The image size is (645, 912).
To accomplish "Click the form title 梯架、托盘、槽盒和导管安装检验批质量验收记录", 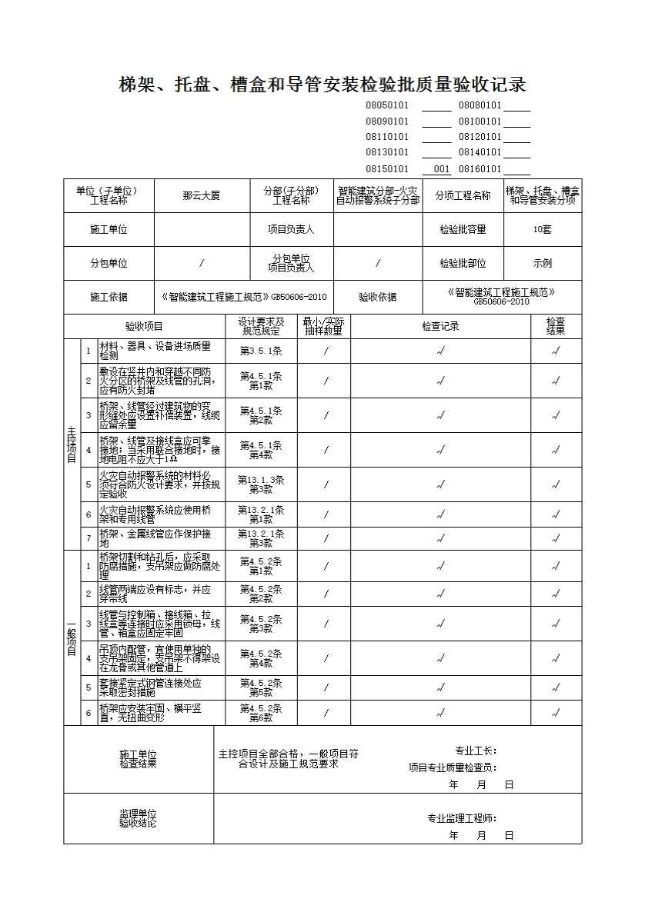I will click(x=322, y=84).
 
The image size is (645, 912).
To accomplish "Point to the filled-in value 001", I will click(x=441, y=169).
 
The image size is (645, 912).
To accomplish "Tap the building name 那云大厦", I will click(x=202, y=196).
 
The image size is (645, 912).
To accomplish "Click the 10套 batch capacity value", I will click(x=542, y=229).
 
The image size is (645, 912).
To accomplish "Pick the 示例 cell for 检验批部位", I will click(x=542, y=263).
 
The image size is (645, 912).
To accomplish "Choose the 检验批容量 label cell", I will click(x=463, y=229).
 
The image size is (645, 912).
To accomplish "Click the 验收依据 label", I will click(x=378, y=297).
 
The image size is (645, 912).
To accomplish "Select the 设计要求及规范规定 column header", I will click(x=261, y=326).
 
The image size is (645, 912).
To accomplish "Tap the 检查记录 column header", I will click(x=440, y=326).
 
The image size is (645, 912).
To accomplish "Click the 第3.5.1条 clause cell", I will click(x=261, y=351).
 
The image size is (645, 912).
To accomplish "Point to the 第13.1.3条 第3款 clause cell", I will click(x=261, y=484).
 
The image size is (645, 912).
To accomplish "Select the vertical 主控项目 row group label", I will click(x=72, y=444).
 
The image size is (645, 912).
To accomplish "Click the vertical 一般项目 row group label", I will click(x=72, y=637).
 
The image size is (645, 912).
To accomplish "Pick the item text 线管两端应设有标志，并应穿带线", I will click(x=155, y=594).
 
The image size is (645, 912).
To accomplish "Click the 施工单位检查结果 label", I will click(x=138, y=759).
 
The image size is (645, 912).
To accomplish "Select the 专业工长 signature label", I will click(x=476, y=751).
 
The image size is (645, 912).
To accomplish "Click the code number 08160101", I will click(x=480, y=169).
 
